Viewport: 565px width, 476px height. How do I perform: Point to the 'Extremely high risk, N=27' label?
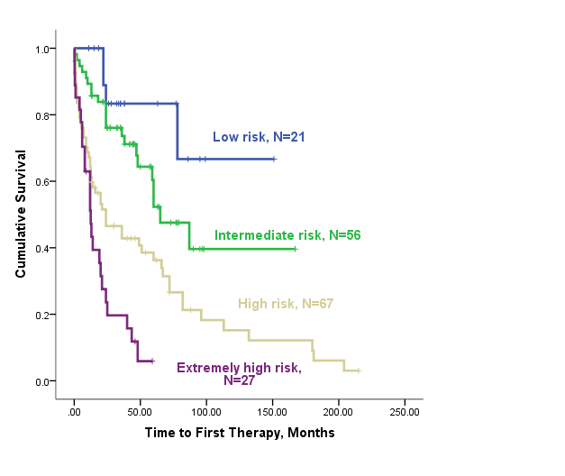click(x=239, y=373)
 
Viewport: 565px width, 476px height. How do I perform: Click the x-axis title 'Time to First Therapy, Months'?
click(x=240, y=433)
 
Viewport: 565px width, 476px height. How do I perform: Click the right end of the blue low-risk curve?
click(x=274, y=159)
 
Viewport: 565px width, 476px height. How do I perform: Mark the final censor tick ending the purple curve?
click(x=152, y=361)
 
